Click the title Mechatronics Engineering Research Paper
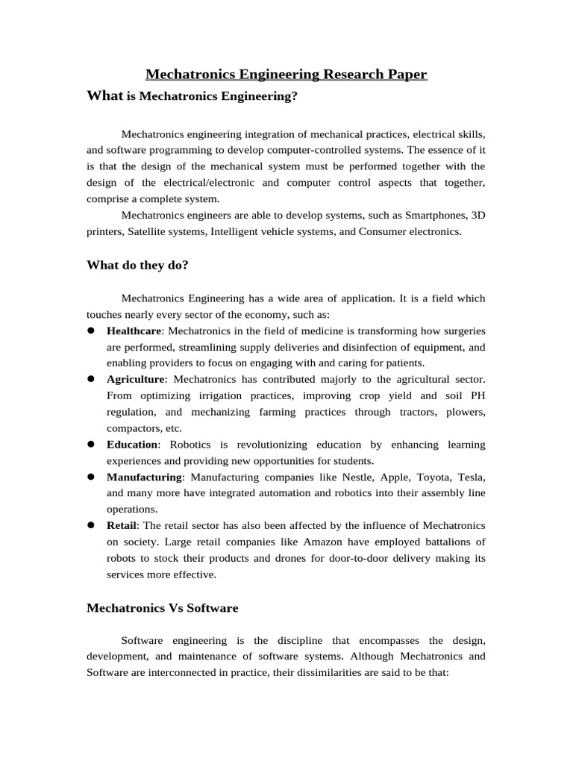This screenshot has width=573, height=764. click(286, 74)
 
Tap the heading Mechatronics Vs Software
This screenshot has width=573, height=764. click(162, 607)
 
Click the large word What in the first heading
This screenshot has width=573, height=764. click(104, 95)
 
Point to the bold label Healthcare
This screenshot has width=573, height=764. click(134, 331)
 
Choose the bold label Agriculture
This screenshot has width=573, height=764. click(135, 379)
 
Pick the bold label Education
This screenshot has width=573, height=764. click(133, 445)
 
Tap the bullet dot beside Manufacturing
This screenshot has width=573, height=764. click(90, 477)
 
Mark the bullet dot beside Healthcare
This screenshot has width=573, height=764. click(90, 331)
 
